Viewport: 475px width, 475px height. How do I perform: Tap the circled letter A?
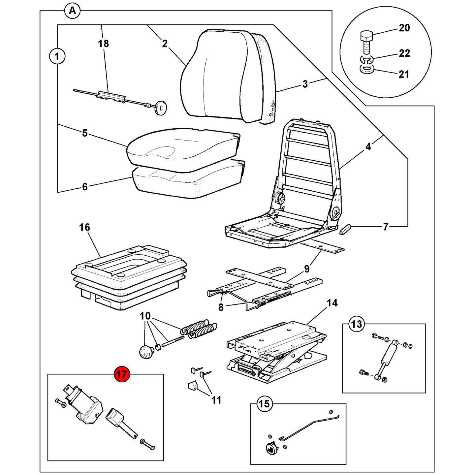pyautogui.click(x=72, y=11)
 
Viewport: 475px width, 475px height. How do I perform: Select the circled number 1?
pyautogui.click(x=57, y=57)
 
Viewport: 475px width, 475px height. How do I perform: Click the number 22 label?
pyautogui.click(x=404, y=53)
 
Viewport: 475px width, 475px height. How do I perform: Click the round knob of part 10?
pyautogui.click(x=147, y=352)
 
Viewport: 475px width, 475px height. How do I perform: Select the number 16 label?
pyautogui.click(x=84, y=227)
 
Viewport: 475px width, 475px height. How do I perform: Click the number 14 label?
pyautogui.click(x=332, y=303)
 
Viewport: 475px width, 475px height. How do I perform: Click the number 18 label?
pyautogui.click(x=103, y=44)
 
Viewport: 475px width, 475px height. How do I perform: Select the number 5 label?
pyautogui.click(x=85, y=133)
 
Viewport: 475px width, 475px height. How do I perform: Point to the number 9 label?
pyautogui.click(x=307, y=269)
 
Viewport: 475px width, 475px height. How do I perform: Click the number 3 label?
pyautogui.click(x=305, y=84)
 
